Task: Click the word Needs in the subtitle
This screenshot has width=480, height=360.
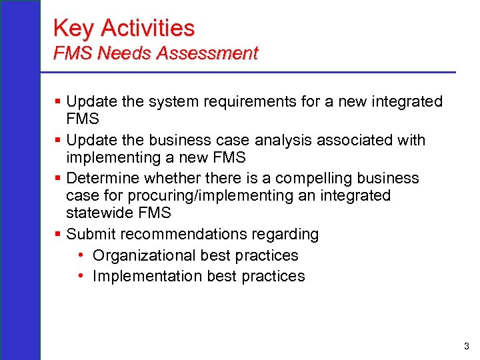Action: pyautogui.click(x=126, y=53)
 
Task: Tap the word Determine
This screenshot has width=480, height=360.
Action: pyautogui.click(x=102, y=178)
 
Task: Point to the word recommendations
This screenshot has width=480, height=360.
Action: pyautogui.click(x=183, y=235)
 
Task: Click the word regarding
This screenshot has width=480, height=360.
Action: pyautogui.click(x=287, y=235)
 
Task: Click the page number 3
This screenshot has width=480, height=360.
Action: pyautogui.click(x=466, y=346)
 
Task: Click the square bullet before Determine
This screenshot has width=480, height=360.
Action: pyautogui.click(x=58, y=178)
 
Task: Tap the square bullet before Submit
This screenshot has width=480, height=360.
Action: pyautogui.click(x=58, y=235)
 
